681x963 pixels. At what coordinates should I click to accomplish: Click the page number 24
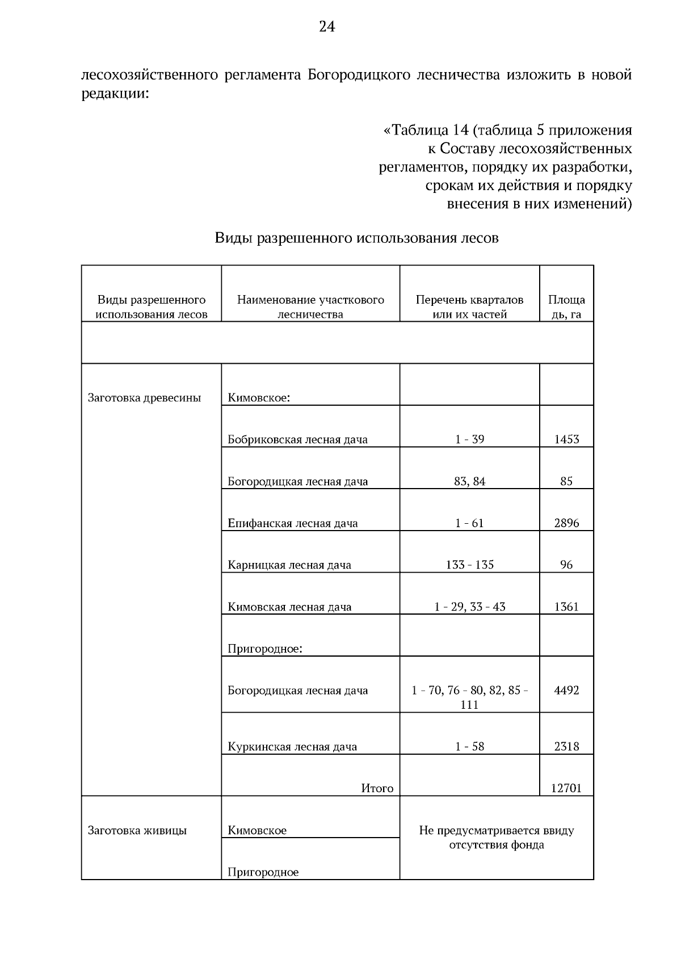[x=327, y=27]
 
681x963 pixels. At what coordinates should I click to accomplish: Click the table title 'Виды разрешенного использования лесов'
[x=356, y=238]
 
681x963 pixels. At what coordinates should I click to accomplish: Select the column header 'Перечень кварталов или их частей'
[x=469, y=307]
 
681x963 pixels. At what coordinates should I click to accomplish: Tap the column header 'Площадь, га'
[x=566, y=307]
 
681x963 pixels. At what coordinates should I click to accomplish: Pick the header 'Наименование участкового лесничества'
[x=310, y=307]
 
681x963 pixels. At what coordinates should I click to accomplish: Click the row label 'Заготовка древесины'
[x=144, y=398]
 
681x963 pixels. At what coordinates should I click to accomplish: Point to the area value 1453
[x=566, y=439]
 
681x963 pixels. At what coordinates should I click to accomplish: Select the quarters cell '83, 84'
[x=469, y=481]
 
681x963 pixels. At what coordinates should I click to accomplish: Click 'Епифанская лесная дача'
[x=293, y=523]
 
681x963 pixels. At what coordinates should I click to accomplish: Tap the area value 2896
[x=566, y=523]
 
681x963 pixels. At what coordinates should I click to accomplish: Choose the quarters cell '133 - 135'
[x=469, y=565]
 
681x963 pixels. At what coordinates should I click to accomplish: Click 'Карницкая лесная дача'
[x=289, y=565]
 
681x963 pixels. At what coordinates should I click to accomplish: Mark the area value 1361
[x=566, y=607]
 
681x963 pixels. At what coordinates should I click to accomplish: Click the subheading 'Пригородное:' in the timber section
[x=265, y=649]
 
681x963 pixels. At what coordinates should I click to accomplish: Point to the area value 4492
[x=566, y=691]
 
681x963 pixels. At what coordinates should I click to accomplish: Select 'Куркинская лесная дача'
[x=292, y=747]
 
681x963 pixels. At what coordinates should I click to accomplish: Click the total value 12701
[x=566, y=788]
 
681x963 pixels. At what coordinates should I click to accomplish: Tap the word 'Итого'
[x=377, y=788]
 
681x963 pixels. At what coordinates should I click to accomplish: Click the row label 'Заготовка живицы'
[x=137, y=831]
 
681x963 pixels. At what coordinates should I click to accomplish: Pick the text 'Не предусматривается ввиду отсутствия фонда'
[x=497, y=838]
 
